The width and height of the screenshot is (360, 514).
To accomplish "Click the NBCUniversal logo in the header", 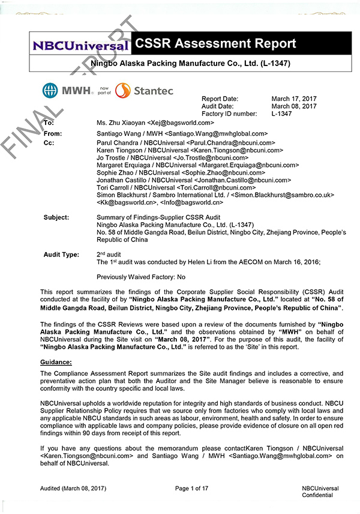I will point(80,45).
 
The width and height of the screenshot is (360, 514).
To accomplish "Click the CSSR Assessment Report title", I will point(216,44).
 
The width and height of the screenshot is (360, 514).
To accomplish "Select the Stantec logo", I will point(144,91).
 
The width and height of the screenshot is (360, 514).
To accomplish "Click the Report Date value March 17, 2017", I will point(294,99).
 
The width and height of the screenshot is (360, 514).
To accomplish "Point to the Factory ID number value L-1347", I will point(281,113).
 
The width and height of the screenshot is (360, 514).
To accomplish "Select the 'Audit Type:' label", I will point(61,255).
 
